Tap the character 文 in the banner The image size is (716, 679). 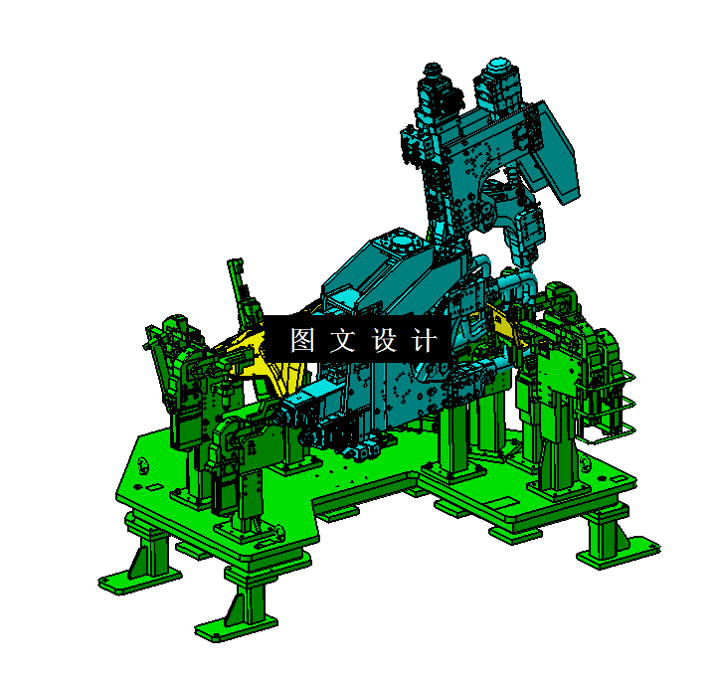(342, 341)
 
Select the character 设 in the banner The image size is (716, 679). (384, 341)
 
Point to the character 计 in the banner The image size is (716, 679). (424, 341)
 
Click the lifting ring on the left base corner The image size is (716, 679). (146, 462)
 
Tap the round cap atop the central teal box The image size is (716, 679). (402, 242)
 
